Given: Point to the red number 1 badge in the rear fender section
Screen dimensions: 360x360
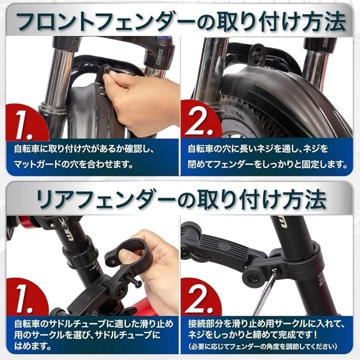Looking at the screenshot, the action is click(25, 297).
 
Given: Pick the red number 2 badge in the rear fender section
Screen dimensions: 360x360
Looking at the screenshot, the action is click(200, 297).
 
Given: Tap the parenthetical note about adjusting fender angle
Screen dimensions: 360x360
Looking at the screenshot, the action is click(263, 346).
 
